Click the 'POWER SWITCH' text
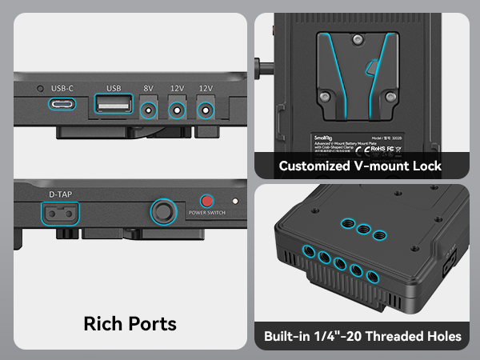tap(207, 213)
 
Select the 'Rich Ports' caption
tap(130, 324)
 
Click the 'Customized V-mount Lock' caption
tap(360, 166)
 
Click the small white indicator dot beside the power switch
tap(235, 202)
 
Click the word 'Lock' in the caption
tap(425, 166)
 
